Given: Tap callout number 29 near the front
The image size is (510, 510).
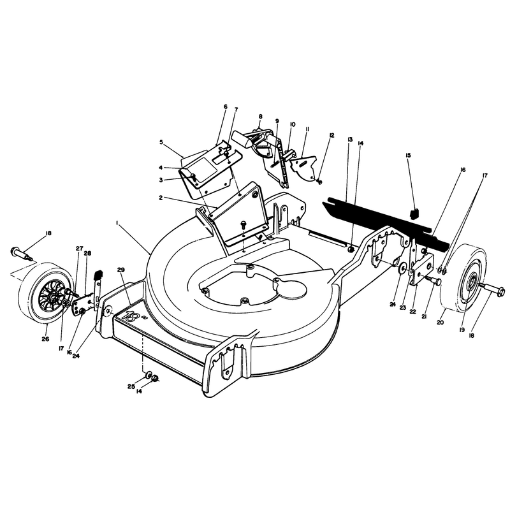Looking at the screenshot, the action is (121, 270).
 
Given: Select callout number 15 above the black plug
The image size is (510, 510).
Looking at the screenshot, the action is (408, 155).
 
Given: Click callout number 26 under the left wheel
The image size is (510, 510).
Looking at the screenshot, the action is (45, 339).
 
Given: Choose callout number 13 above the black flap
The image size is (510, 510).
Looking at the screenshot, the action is (350, 140).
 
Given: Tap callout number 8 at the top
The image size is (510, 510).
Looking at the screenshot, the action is (260, 116).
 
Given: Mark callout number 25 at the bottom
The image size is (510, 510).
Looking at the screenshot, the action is (131, 386).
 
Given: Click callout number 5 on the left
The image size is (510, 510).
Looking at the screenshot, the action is (161, 142).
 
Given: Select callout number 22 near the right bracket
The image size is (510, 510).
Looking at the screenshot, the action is (412, 311).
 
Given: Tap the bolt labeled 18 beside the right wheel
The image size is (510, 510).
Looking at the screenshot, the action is (492, 289).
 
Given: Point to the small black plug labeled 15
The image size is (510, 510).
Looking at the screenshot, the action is (414, 214).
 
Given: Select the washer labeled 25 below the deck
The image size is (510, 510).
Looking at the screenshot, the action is (149, 374).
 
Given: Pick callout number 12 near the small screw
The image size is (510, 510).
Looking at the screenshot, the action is (331, 135).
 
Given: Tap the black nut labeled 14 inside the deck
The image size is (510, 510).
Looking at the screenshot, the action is (351, 249).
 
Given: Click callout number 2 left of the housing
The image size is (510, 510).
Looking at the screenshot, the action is (161, 198).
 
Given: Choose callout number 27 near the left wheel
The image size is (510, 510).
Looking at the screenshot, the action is (79, 248).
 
